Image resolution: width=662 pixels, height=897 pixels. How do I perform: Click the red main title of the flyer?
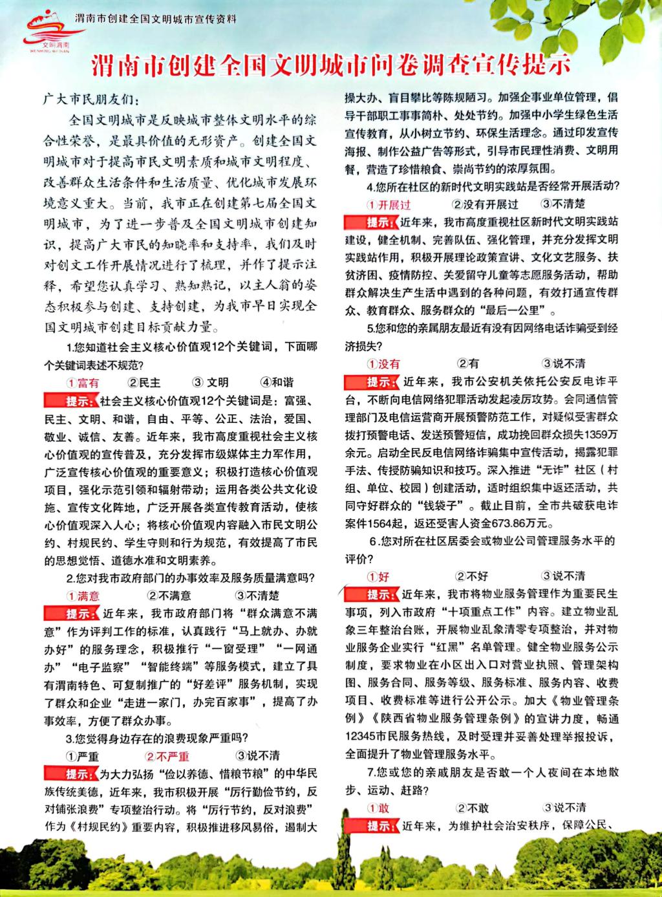point(331,67)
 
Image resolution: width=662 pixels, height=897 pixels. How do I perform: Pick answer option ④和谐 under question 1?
point(277,382)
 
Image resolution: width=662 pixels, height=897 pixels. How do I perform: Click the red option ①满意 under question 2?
point(83,596)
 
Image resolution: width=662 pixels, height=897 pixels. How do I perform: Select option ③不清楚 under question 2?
point(257,596)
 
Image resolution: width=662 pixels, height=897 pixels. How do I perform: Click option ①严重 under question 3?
point(82,756)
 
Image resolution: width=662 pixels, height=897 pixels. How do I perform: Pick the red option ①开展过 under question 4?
point(390,204)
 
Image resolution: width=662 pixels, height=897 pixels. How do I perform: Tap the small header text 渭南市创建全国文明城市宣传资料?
point(155,19)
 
